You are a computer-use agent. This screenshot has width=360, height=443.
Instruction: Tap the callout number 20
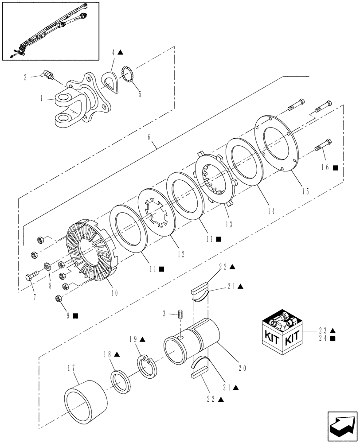(241, 367)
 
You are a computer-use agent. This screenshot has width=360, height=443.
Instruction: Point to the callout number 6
(151, 144)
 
